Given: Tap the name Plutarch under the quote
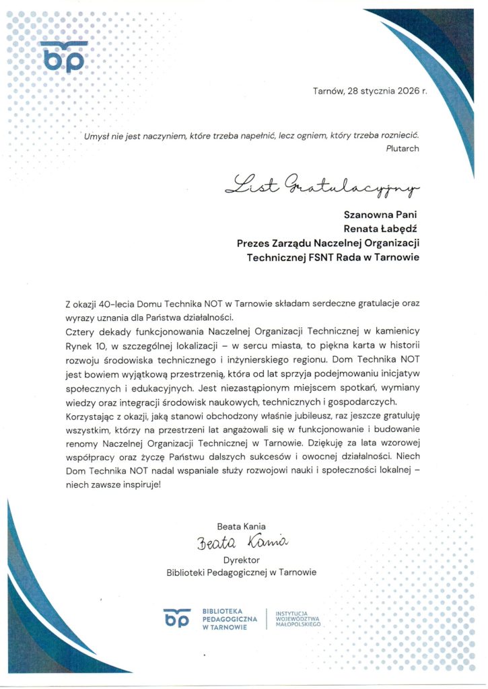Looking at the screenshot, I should pos(403,148).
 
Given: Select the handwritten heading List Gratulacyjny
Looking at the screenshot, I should pos(322,183).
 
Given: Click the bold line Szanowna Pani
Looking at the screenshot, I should pos(381,215).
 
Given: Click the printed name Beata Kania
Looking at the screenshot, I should pos(242,526).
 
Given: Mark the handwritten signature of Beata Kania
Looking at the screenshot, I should pos(242,542).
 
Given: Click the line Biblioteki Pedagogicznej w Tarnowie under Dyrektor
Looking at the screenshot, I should pos(241,573).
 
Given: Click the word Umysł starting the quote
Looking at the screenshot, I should pos(96,137).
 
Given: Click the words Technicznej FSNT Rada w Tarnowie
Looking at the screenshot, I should pos(333,257).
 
